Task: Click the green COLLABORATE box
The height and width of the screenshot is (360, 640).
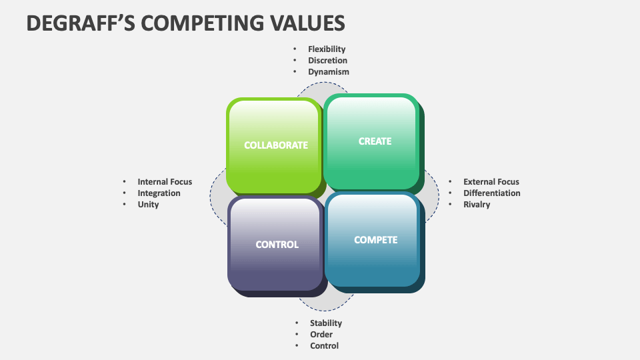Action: (275, 145)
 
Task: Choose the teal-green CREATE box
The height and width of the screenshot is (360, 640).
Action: (374, 141)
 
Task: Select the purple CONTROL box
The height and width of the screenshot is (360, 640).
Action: (277, 245)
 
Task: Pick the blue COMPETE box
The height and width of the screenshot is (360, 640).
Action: (375, 240)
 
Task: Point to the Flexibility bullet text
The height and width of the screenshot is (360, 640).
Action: (327, 49)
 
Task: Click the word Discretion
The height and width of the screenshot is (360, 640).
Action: (327, 60)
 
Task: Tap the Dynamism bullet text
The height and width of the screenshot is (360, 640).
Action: (328, 71)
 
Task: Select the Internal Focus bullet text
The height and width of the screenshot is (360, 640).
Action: (165, 181)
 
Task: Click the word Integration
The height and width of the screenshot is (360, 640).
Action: (159, 193)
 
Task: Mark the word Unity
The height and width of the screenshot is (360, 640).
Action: (148, 204)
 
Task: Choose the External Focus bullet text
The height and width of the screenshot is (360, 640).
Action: (491, 181)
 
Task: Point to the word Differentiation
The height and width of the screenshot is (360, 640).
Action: (492, 193)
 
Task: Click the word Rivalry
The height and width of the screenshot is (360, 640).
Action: (477, 204)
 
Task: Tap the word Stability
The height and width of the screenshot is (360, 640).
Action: (325, 323)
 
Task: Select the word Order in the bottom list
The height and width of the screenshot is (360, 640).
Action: (321, 334)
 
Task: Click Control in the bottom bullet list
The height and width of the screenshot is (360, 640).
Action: (324, 345)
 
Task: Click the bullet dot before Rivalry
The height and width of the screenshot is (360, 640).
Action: (449, 205)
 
